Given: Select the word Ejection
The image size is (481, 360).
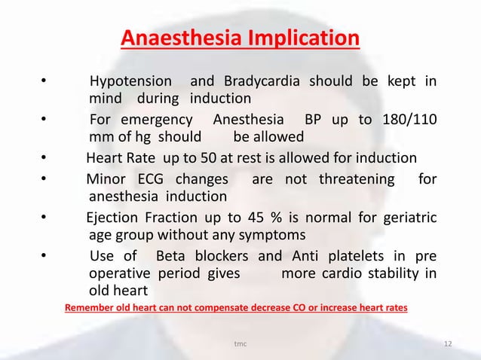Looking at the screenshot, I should pyautogui.click(x=113, y=217).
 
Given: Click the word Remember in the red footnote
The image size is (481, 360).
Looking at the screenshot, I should pyautogui.click(x=93, y=308).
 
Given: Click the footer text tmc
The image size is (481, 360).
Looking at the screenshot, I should pyautogui.click(x=240, y=345).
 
